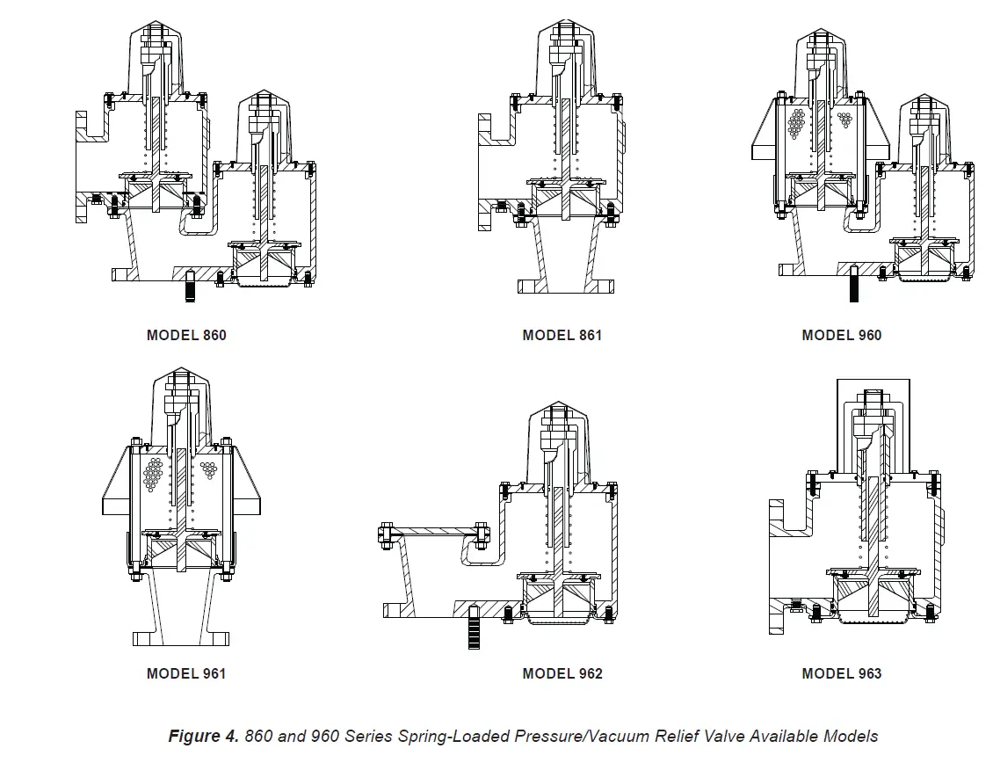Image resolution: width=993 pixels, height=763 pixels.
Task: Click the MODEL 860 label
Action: (186, 335)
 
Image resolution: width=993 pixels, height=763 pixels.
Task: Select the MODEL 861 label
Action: (562, 335)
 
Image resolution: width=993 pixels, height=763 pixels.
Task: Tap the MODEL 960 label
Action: (841, 335)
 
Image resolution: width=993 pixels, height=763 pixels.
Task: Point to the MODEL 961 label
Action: (186, 673)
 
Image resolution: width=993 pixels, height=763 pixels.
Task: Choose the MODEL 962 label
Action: (562, 673)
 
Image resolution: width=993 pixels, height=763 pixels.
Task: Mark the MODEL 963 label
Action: (841, 673)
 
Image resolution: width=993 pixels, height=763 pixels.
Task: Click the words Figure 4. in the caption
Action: (203, 736)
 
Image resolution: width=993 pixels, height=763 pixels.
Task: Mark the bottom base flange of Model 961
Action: (180, 637)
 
